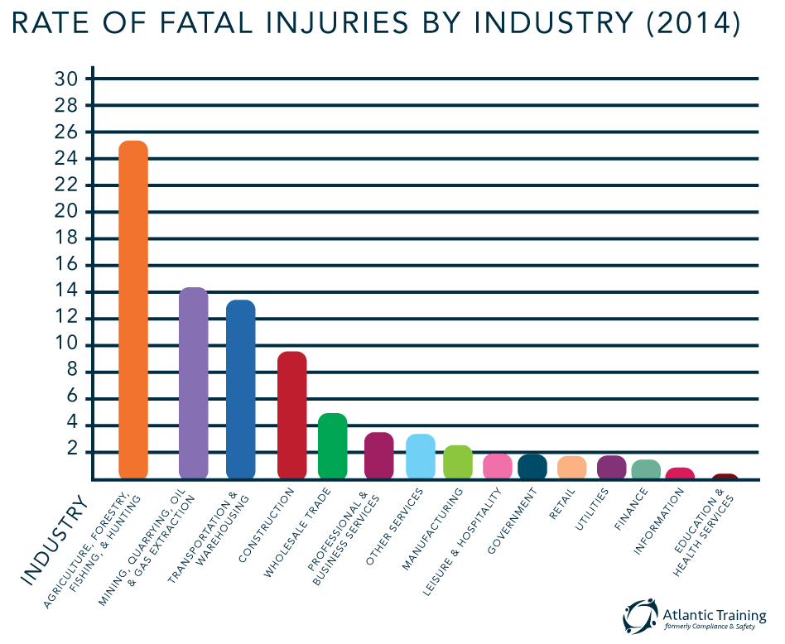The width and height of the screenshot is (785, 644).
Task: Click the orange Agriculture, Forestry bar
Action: [133, 310]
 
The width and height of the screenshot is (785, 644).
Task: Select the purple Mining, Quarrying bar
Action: [194, 382]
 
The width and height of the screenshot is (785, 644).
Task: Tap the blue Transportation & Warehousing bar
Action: [241, 389]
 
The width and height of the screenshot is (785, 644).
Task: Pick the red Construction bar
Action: [292, 415]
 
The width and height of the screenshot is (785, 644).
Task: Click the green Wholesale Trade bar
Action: [333, 446]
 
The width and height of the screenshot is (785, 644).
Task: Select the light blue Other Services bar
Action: [421, 456]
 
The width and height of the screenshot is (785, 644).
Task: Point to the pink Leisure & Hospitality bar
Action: [498, 466]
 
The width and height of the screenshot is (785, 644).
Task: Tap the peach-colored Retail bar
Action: [572, 467]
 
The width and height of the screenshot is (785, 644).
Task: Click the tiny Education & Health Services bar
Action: [725, 476]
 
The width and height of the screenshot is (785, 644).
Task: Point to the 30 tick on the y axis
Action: [66, 79]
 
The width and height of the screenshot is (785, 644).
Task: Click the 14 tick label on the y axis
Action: [66, 291]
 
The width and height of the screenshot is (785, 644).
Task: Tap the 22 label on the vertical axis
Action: [66, 185]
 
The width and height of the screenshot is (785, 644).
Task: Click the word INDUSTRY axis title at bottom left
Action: [53, 541]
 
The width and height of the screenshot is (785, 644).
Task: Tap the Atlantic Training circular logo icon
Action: [640, 616]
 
